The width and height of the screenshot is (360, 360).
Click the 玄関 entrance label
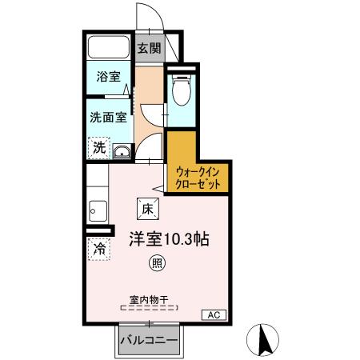coord(148,48)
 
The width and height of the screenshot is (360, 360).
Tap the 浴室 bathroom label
coord(108,78)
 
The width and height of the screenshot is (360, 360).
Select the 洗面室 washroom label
coord(107,117)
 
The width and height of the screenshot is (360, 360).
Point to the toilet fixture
coord(179,91)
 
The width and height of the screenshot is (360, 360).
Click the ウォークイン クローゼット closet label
coord(197,175)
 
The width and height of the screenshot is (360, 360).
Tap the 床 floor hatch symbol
coord(148,208)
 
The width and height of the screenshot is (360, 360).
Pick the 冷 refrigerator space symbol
coord(98,248)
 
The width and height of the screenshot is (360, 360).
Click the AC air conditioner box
coord(214,314)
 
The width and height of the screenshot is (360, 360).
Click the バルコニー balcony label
coord(149,340)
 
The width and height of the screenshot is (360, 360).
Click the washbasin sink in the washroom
coord(121,152)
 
